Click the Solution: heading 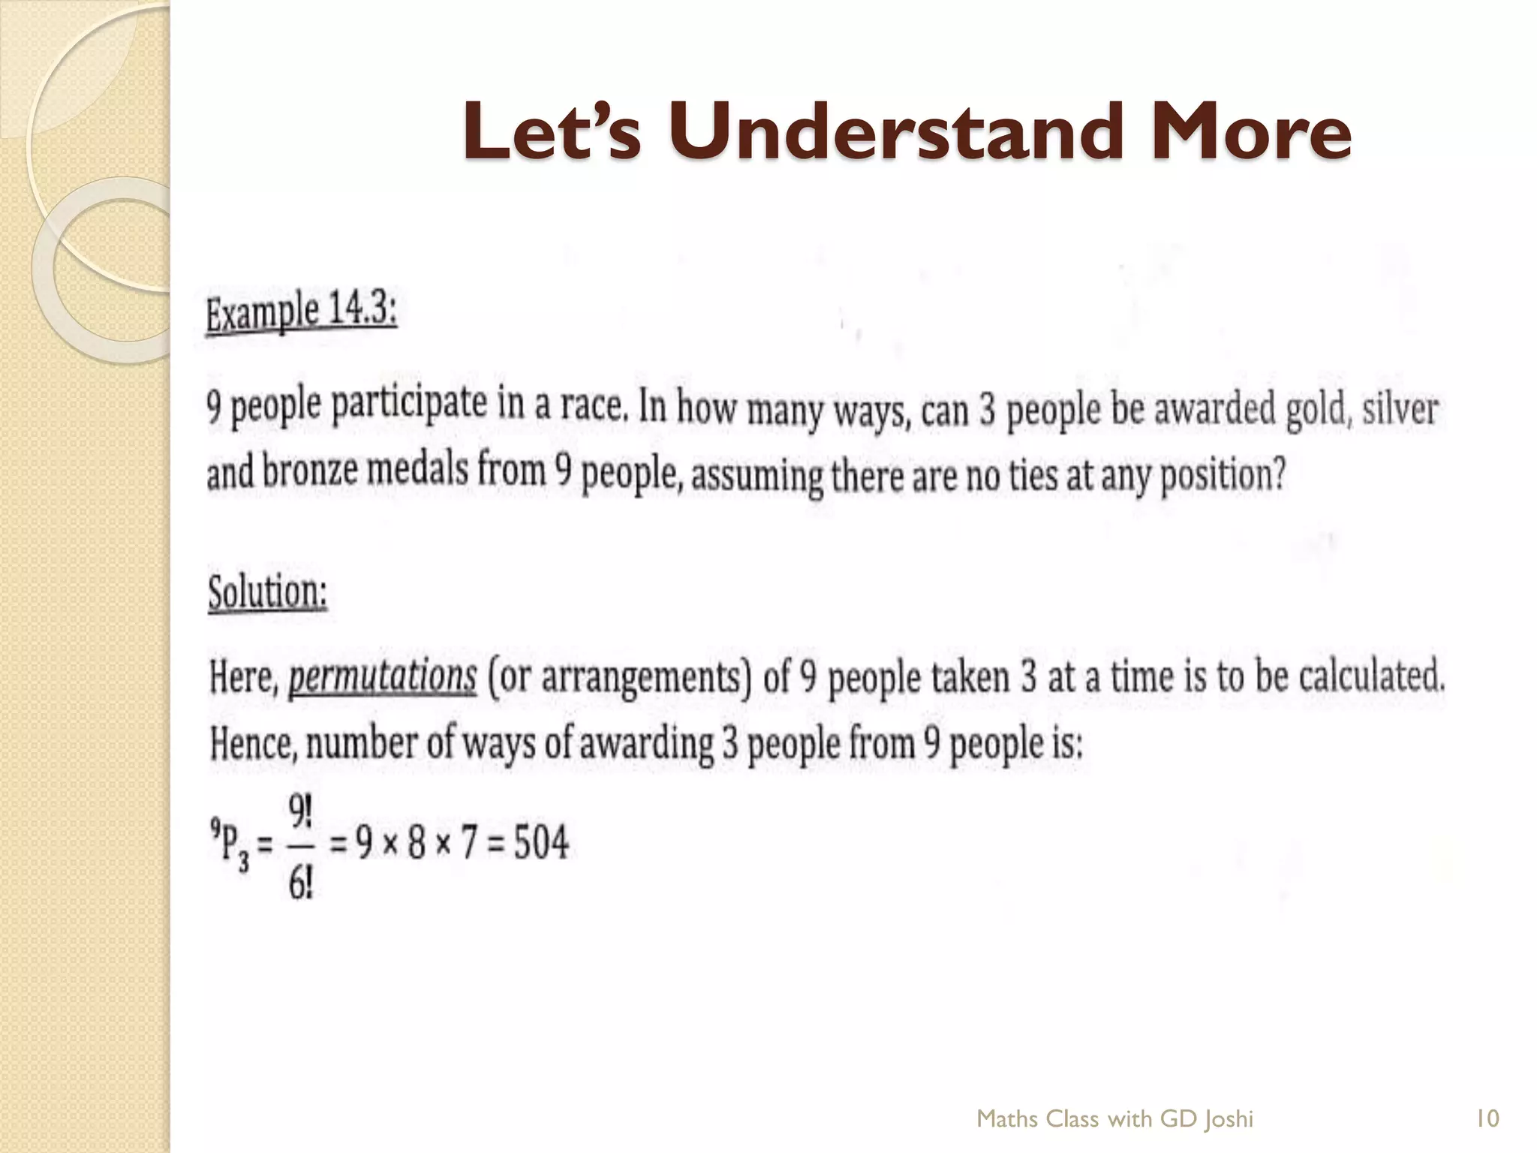[x=267, y=593]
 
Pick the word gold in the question [x=1314, y=411]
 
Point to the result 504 [x=541, y=842]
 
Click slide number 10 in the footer [x=1487, y=1119]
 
